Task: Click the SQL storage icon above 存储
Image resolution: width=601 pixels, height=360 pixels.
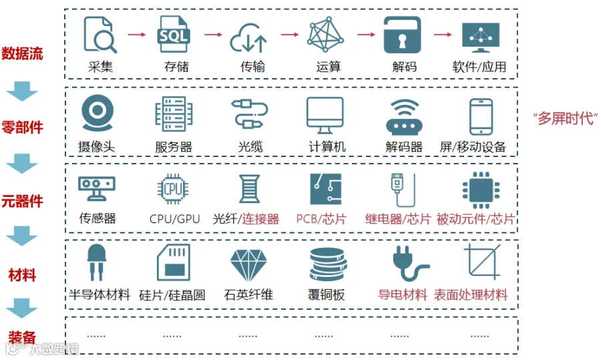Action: pos(174,35)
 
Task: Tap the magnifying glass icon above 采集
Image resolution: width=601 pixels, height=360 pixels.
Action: pos(100,35)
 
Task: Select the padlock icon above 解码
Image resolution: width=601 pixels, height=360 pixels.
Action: pos(402,35)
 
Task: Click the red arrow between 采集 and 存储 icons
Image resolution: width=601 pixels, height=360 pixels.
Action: pos(137,35)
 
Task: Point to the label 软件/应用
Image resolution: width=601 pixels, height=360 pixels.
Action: pos(479,67)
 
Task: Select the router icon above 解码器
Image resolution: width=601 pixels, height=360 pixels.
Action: pos(403,118)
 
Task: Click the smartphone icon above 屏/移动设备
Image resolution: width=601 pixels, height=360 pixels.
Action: pos(480,116)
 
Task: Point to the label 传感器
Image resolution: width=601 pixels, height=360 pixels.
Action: pos(97,218)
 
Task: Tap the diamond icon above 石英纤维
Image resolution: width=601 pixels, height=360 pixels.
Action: pos(248,265)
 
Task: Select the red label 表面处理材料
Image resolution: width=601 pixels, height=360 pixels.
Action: pos(471,295)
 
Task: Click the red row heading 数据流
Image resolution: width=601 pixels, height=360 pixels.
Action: pos(22,54)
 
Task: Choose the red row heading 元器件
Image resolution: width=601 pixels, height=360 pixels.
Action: pos(22,201)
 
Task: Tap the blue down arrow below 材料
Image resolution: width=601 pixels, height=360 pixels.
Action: pos(22,308)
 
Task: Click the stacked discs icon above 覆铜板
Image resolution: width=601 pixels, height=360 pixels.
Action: pos(327,264)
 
